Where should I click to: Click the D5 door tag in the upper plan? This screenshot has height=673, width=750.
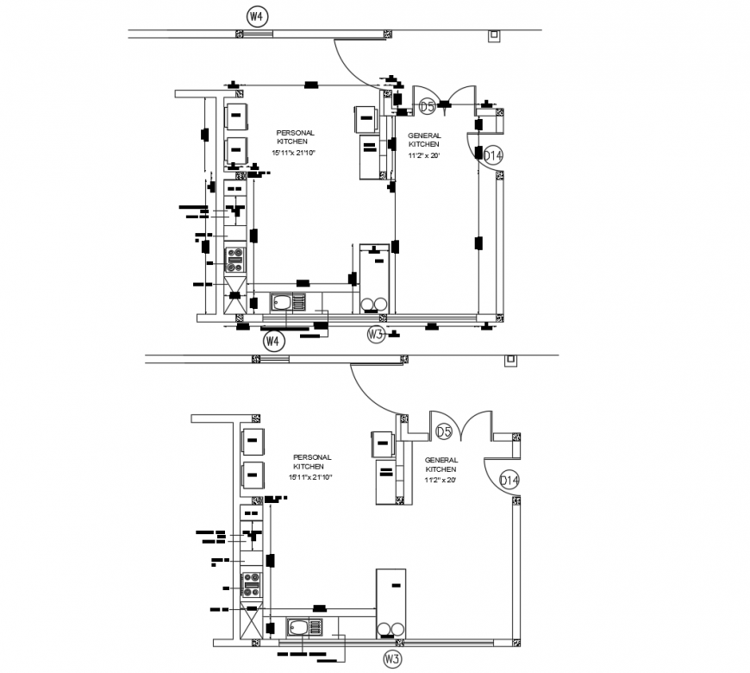pos(427,107)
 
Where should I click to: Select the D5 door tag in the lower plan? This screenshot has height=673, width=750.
pos(444,431)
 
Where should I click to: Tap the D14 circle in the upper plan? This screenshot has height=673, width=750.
pos(492,155)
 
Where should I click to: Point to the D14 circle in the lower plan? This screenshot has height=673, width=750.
pos(509,481)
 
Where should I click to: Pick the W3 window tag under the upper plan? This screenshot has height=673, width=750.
pos(375,334)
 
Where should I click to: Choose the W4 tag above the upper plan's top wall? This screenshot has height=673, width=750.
pos(256,16)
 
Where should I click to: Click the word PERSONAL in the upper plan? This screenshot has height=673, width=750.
pos(296,133)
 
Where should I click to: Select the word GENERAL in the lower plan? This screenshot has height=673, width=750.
pos(441,460)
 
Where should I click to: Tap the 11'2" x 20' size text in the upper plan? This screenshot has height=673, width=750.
pos(424,155)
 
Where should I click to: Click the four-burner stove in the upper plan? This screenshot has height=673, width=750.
pos(234,259)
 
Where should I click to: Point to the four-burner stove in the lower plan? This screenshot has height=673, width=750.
pos(251,584)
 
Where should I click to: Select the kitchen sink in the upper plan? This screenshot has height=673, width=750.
pos(287,302)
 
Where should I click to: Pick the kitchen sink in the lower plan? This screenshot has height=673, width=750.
pos(304,627)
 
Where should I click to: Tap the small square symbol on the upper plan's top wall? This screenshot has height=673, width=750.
pos(493,36)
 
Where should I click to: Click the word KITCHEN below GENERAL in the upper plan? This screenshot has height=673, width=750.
pos(424,144)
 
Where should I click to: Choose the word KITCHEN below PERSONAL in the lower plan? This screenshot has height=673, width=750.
pos(312,467)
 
